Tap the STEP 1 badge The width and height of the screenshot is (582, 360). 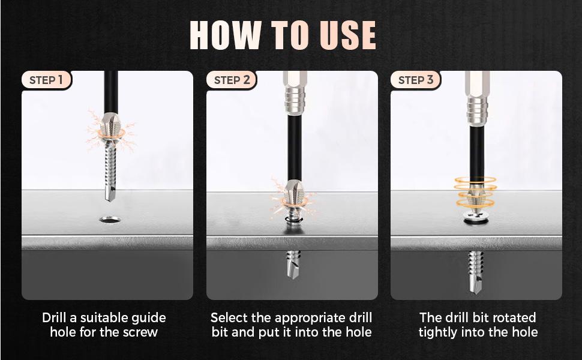point(46,80)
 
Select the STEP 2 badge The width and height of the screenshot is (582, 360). point(232,80)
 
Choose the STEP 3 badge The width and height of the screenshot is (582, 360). point(416,80)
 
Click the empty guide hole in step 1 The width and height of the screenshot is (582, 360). point(110,220)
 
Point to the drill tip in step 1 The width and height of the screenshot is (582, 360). point(110,193)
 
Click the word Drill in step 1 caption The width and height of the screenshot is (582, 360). point(56,317)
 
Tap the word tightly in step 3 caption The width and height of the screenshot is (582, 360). point(438,332)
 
